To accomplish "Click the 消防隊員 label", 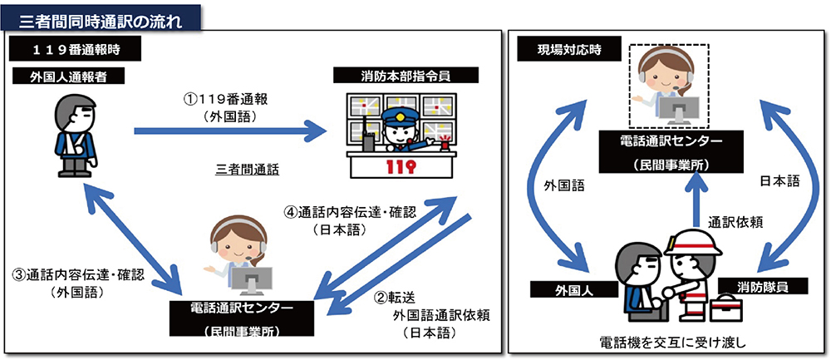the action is [x=763, y=287].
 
